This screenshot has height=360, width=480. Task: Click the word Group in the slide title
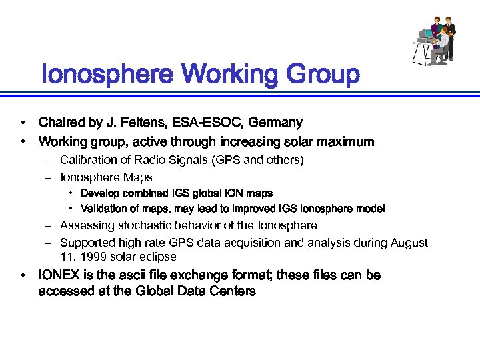tap(323, 75)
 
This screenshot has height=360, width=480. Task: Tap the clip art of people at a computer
tap(433, 41)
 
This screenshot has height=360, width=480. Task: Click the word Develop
tap(101, 193)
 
